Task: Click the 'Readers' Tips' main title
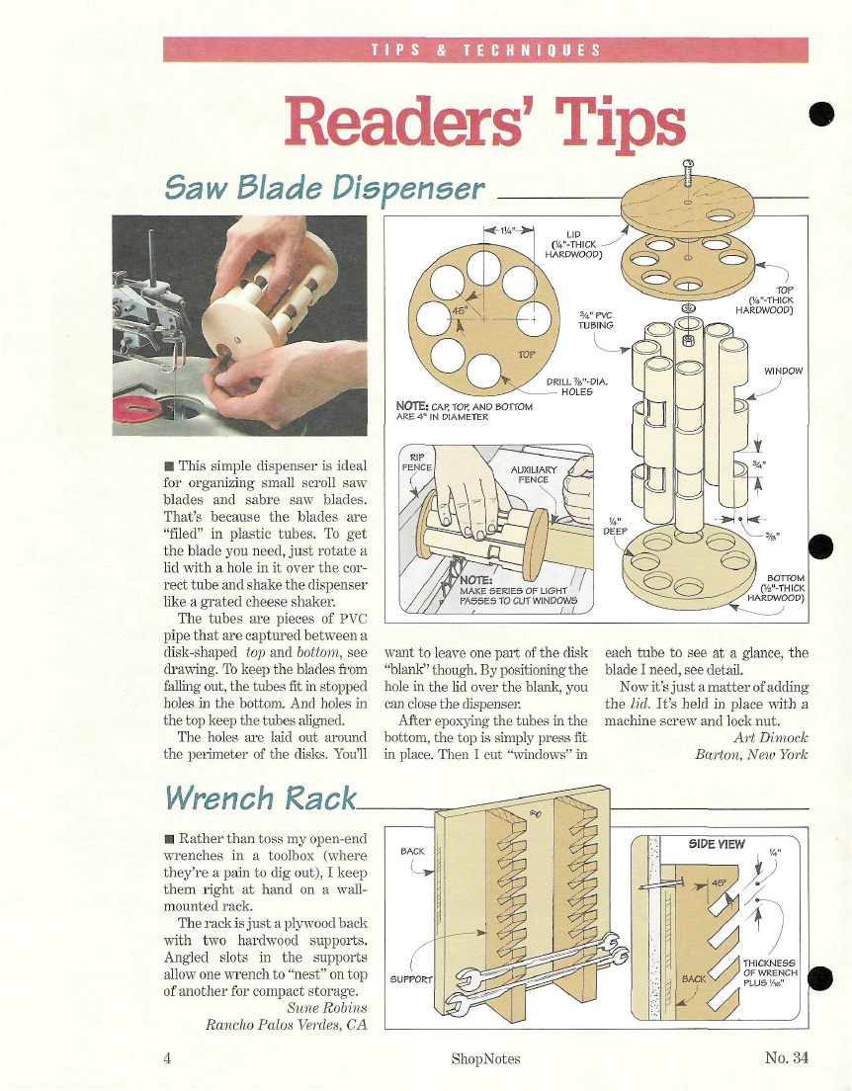click(485, 123)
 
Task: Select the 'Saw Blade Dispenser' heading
click(324, 188)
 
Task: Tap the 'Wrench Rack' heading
click(260, 797)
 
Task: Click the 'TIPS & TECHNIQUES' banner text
click(486, 50)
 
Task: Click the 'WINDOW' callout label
click(783, 371)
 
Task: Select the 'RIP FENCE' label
click(417, 462)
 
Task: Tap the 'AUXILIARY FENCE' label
click(534, 474)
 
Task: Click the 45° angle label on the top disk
click(459, 310)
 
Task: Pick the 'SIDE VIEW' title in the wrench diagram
click(717, 844)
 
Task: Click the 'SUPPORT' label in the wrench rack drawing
click(411, 979)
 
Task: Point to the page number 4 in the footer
click(167, 1058)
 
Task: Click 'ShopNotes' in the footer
click(486, 1059)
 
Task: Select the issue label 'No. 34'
click(787, 1057)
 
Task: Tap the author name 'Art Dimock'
click(771, 737)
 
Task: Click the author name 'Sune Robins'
click(326, 1008)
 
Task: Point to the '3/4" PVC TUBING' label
click(596, 320)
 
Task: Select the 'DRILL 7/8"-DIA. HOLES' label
click(577, 386)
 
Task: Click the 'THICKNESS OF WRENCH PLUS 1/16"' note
click(770, 973)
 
